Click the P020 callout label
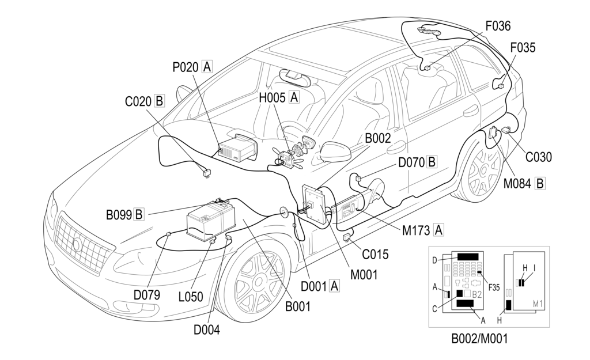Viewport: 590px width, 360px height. pos(186,67)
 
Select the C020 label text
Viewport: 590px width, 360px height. pos(138,101)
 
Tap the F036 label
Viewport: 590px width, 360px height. pos(498,26)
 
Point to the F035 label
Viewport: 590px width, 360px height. pos(523,48)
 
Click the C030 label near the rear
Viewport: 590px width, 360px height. pos(539,157)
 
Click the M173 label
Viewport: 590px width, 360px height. pos(417,230)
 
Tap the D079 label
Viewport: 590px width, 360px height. pos(147,295)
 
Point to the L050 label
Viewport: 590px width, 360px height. pos(191,297)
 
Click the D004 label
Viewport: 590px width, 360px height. pos(207,330)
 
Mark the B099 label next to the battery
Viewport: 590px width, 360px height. pos(118,215)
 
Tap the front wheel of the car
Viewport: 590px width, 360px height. pos(259,283)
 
